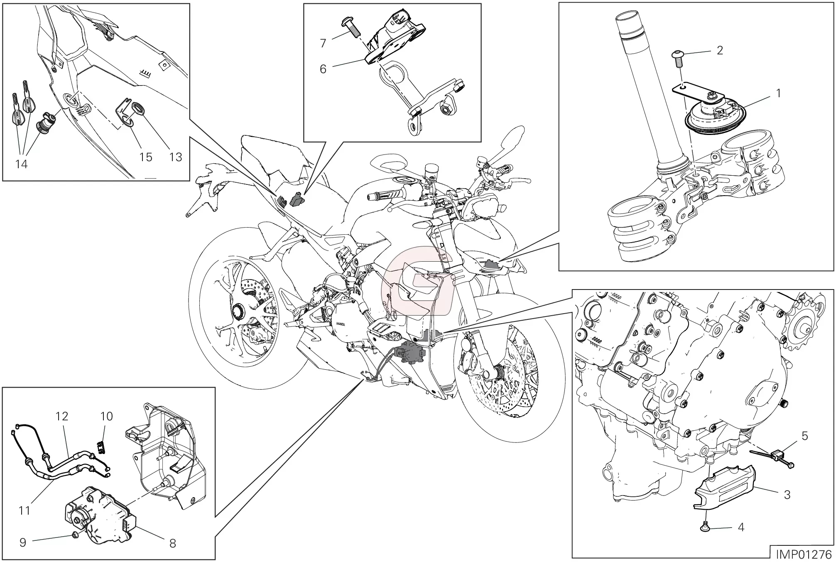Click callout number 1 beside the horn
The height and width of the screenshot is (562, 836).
[778, 93]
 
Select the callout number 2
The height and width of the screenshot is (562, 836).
[720, 50]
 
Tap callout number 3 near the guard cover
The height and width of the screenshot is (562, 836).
[787, 494]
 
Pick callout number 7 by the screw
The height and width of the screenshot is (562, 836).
[323, 43]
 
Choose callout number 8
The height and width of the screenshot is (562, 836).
[172, 543]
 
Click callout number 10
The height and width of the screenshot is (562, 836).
[107, 416]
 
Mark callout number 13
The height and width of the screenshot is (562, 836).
[176, 157]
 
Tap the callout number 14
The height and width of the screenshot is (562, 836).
[22, 164]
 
